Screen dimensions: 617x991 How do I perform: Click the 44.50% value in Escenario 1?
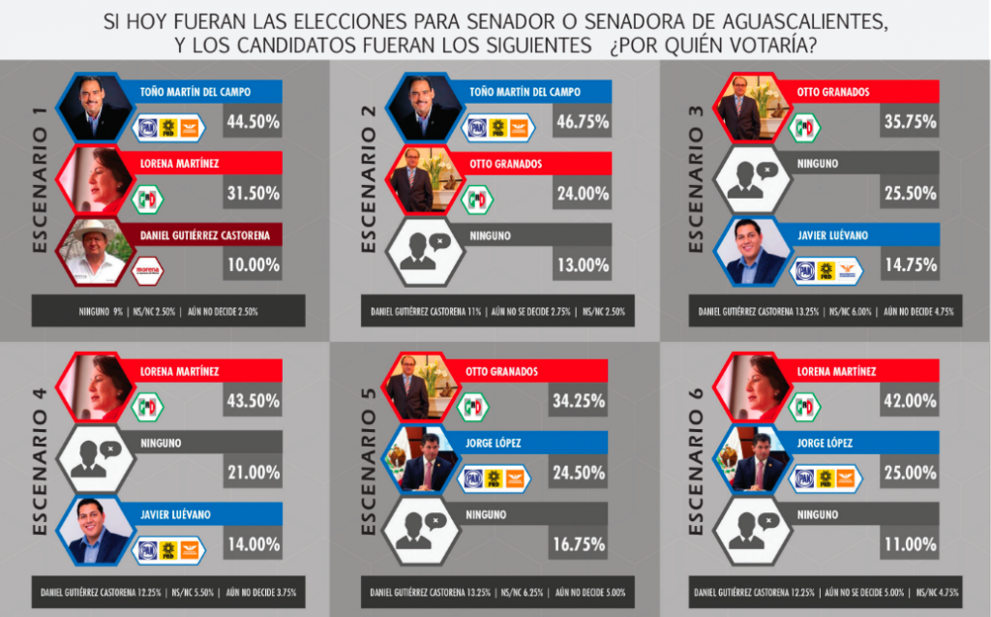[253, 122]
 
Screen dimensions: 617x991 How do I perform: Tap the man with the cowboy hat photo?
[94, 251]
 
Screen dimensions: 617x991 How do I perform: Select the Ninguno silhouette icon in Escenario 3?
[752, 179]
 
